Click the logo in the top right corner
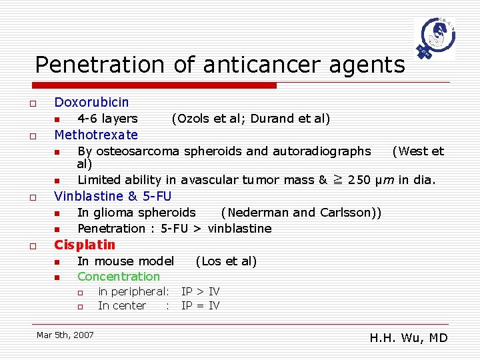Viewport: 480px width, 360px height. pos(434,39)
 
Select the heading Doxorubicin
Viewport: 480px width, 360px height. pos(91,102)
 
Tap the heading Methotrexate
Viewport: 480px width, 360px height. pos(96,135)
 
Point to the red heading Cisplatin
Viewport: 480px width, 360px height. pos(85,245)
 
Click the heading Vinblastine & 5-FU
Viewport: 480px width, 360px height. pos(113,196)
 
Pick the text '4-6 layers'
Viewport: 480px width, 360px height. pos(107,119)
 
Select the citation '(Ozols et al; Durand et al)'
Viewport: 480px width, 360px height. pos(251,119)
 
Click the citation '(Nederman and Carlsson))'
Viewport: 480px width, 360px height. pos(301,213)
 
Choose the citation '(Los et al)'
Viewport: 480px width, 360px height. pos(226,261)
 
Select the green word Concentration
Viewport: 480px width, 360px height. pos(119,277)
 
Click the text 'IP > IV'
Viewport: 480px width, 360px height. pos(201,291)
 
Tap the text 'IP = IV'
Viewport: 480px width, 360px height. pos(201,306)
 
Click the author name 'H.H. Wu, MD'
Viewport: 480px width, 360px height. pos(409,338)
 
